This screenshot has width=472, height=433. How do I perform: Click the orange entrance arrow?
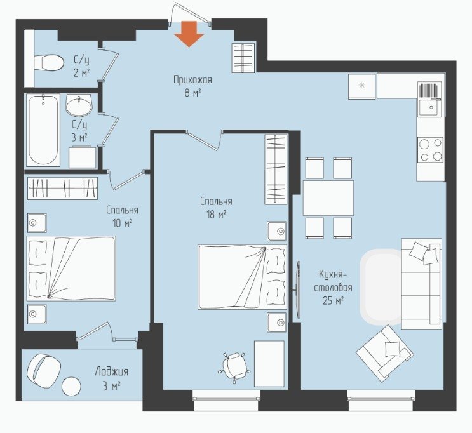point(189,34)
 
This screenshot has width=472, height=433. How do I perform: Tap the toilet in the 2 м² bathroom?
point(49,63)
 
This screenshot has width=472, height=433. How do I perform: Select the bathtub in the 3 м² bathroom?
point(43,130)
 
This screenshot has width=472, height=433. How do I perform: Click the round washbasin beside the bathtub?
point(78,105)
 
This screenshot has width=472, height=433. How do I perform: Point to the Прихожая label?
point(192,80)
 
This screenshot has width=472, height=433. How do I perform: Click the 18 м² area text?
point(216,215)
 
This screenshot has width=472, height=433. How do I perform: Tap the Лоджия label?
point(112,371)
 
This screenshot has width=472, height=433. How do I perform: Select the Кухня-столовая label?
point(333,281)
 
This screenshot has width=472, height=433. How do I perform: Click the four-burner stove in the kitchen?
point(430,150)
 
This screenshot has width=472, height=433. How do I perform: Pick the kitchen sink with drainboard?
point(429,99)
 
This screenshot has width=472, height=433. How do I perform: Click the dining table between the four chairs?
point(328,197)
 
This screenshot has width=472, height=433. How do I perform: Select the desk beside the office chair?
point(269,364)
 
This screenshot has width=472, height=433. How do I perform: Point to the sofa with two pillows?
point(421,284)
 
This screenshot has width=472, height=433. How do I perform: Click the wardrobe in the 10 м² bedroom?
point(63,189)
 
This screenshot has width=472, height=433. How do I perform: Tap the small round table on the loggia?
point(71,387)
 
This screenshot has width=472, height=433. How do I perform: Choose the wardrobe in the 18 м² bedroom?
point(276,170)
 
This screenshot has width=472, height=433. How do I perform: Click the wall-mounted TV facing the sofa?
point(298,290)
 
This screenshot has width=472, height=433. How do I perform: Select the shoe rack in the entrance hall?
point(243,58)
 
